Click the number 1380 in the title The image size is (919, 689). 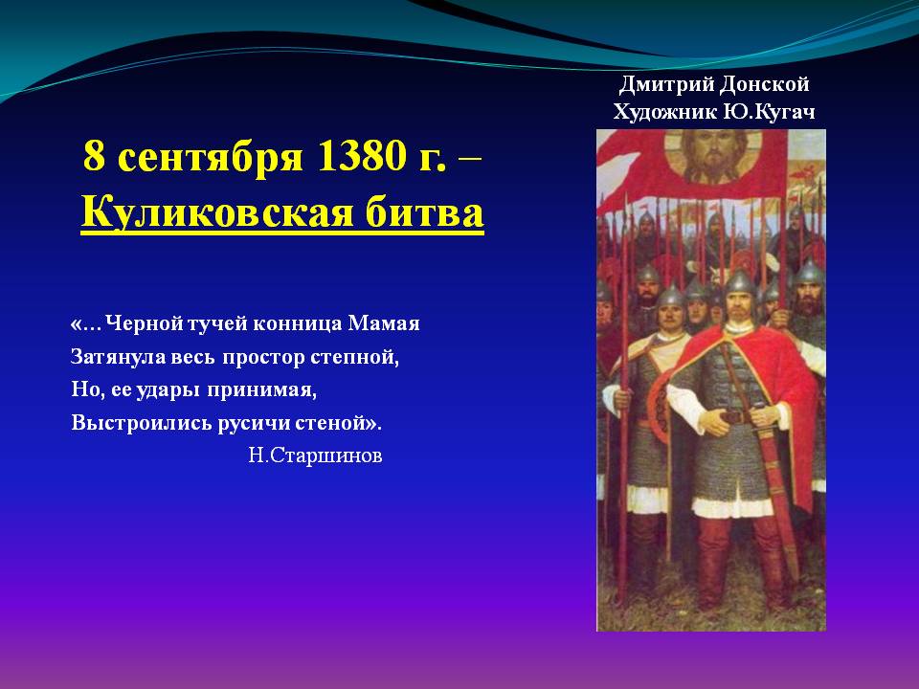click(359, 156)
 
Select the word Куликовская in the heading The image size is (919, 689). click(217, 211)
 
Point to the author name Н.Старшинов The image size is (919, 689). click(315, 456)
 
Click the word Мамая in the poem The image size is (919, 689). click(384, 323)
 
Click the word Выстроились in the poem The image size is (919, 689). click(142, 423)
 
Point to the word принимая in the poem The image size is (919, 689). click(262, 390)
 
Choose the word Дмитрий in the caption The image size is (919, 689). click(666, 85)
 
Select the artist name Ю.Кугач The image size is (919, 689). click(769, 111)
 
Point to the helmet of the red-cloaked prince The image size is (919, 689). click(741, 284)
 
